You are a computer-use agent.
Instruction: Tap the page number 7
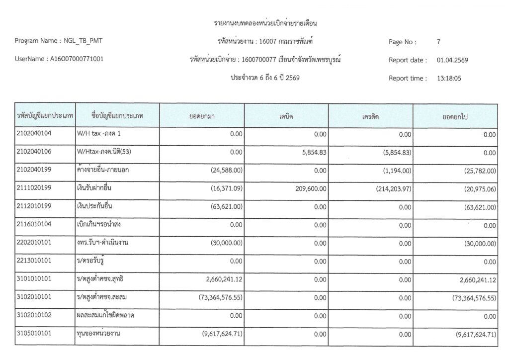pyautogui.click(x=438, y=42)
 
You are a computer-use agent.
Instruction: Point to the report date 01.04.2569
pyautogui.click(x=452, y=60)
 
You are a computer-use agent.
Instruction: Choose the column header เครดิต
pyautogui.click(x=370, y=116)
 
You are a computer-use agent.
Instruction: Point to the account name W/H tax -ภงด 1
pyautogui.click(x=98, y=134)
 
